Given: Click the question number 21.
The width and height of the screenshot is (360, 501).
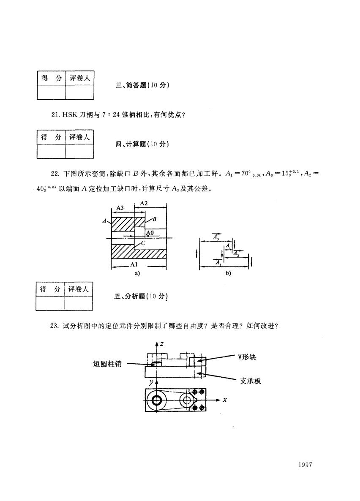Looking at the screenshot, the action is pos(55,115).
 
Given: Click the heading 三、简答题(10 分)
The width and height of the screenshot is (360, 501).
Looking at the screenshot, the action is pos(142,85).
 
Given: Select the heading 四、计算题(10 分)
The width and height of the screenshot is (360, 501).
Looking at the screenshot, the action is pos(142,144).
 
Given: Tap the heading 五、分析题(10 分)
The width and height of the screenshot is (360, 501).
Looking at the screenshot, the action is pos(141,296).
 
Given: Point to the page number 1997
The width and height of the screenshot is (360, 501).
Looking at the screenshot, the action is pos(305,465).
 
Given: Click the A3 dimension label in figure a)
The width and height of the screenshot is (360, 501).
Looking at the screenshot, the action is pos(120,208).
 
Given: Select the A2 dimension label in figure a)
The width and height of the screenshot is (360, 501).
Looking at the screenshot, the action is pos(144,203).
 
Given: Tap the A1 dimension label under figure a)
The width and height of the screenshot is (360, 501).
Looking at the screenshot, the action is pos(134,264).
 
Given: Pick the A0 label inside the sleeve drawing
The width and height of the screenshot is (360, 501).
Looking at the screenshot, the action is pos(150,233).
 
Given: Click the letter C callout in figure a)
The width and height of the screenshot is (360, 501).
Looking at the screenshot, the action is pos(143,243).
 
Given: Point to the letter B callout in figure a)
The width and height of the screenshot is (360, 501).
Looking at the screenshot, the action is pos(154,219).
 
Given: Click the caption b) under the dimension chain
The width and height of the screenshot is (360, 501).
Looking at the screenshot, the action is pos(228,273).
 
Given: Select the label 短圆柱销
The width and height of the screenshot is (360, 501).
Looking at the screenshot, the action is pos(107,364).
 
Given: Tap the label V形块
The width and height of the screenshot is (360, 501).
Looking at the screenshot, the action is pos(247,357).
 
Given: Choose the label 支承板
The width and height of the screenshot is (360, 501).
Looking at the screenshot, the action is pos(250,381).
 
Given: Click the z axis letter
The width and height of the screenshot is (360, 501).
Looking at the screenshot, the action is pos(162,344).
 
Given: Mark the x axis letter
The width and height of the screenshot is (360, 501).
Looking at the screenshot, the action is pos(225,399).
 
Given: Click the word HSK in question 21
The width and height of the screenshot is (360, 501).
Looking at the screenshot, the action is pos(70,115).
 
